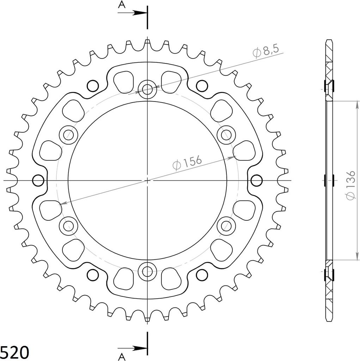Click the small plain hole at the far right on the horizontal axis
(257, 180)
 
